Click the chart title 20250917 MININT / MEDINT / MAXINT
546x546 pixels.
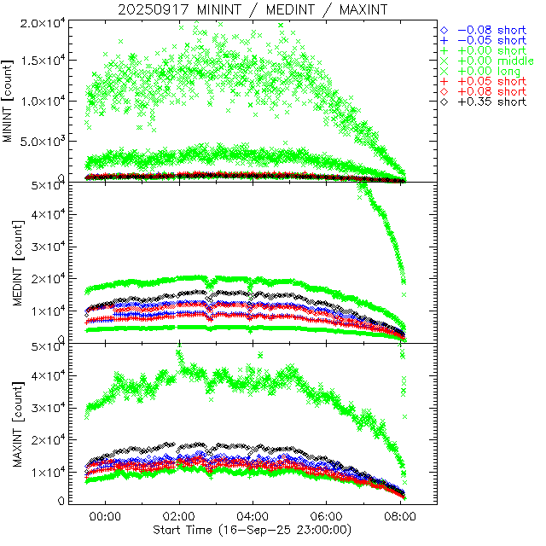(x=253, y=9)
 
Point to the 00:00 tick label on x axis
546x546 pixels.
(x=105, y=516)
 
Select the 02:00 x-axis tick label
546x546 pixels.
(x=179, y=516)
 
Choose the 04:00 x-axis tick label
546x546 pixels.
(x=253, y=516)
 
